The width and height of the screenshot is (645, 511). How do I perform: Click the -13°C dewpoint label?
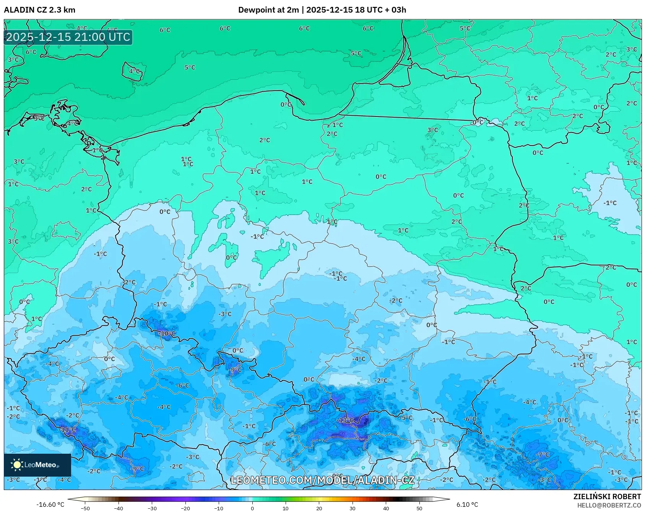point(346,420)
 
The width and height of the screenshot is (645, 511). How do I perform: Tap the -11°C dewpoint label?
point(68,430)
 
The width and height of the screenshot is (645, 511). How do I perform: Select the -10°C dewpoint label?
point(167,333)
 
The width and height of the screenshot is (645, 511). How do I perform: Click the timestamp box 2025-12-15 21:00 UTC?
point(68,37)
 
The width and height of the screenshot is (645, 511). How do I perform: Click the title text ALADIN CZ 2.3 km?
point(39,10)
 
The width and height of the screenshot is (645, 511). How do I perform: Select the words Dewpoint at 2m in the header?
point(268,10)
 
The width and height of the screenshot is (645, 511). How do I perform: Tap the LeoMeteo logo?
point(37,465)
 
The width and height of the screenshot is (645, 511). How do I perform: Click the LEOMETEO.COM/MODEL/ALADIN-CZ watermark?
point(322,480)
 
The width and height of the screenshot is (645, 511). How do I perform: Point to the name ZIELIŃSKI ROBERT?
point(607,496)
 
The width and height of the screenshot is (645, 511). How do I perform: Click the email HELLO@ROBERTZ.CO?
point(609,505)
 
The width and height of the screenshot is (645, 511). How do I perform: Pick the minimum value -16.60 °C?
point(50,505)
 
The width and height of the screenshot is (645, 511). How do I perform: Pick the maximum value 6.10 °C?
point(467,505)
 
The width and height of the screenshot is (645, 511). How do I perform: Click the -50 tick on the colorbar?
point(85,508)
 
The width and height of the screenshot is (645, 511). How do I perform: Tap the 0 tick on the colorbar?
point(252,508)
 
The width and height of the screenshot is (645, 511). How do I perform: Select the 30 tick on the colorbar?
point(352,508)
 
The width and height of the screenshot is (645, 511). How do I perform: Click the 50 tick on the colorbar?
point(419,508)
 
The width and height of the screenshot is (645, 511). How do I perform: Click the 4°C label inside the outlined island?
point(134,71)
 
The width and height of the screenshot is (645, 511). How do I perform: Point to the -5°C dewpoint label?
point(406,418)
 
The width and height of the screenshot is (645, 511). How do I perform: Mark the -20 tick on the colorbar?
point(185,508)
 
